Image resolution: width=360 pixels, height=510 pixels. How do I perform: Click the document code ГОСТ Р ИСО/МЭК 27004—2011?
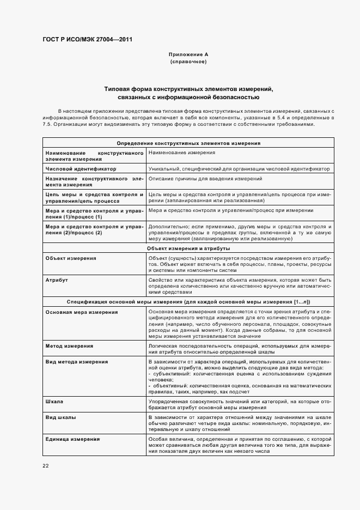pyautogui.click(x=87, y=39)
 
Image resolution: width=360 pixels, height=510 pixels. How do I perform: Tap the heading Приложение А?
pyautogui.click(x=188, y=54)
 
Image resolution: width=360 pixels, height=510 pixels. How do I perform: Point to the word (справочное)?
pyautogui.click(x=188, y=62)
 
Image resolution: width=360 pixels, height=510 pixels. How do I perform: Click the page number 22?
pyautogui.click(x=46, y=465)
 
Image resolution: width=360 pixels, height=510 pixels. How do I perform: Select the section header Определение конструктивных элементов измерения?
pyautogui.click(x=188, y=143)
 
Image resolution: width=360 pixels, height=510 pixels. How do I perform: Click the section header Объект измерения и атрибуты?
pyautogui.click(x=188, y=248)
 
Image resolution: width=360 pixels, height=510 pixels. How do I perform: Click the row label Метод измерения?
pyautogui.click(x=69, y=346)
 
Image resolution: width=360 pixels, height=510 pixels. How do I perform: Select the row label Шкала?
pyautogui.click(x=54, y=401)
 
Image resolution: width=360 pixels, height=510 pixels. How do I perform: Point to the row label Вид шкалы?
pyautogui.click(x=60, y=417)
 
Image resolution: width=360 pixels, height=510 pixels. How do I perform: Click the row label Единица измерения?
pyautogui.click(x=72, y=439)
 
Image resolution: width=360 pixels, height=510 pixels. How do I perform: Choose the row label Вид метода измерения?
pyautogui.click(x=77, y=362)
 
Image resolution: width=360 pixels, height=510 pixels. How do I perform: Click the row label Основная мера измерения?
pyautogui.click(x=82, y=312)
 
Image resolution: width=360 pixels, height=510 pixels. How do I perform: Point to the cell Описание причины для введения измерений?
pyautogui.click(x=205, y=179)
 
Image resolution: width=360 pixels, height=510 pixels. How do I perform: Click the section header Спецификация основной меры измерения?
pyautogui.click(x=188, y=301)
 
